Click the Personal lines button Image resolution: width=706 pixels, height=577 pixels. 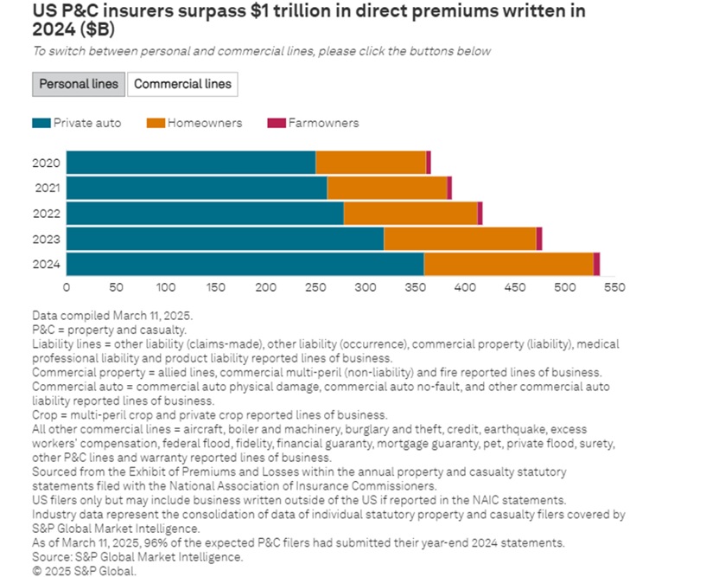[80, 84]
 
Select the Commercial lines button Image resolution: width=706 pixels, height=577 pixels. [182, 84]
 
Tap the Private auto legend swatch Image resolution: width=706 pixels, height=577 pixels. [41, 123]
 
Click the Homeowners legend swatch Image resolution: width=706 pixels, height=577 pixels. [156, 123]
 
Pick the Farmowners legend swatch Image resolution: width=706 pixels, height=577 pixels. [276, 123]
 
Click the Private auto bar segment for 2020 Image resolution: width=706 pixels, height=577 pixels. [191, 162]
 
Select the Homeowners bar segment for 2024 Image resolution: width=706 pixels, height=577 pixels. [508, 264]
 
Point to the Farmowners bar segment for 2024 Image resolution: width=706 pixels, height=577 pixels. [596, 264]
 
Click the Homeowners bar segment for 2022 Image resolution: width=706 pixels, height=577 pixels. [410, 213]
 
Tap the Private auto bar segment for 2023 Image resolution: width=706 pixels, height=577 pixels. [225, 239]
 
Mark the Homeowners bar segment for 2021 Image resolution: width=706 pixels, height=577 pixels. [386, 188]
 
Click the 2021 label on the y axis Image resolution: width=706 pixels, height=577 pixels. [47, 188]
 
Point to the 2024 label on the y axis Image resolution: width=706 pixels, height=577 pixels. [47, 264]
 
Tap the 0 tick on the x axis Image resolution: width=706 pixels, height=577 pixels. [67, 286]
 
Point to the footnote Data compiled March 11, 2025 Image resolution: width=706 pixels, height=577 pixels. [112, 316]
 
